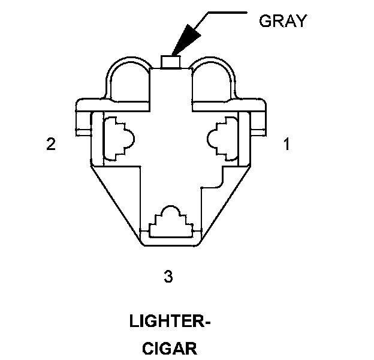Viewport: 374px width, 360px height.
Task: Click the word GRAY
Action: coord(282,21)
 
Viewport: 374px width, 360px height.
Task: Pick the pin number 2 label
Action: coord(52,144)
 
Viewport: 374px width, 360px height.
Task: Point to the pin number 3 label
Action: coord(168,277)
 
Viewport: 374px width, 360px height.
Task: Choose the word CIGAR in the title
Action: coord(170,349)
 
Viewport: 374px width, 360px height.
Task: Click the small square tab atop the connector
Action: coord(171,61)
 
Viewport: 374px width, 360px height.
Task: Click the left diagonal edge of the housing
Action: coord(114,204)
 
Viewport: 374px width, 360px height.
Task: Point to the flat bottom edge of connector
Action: coord(171,247)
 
